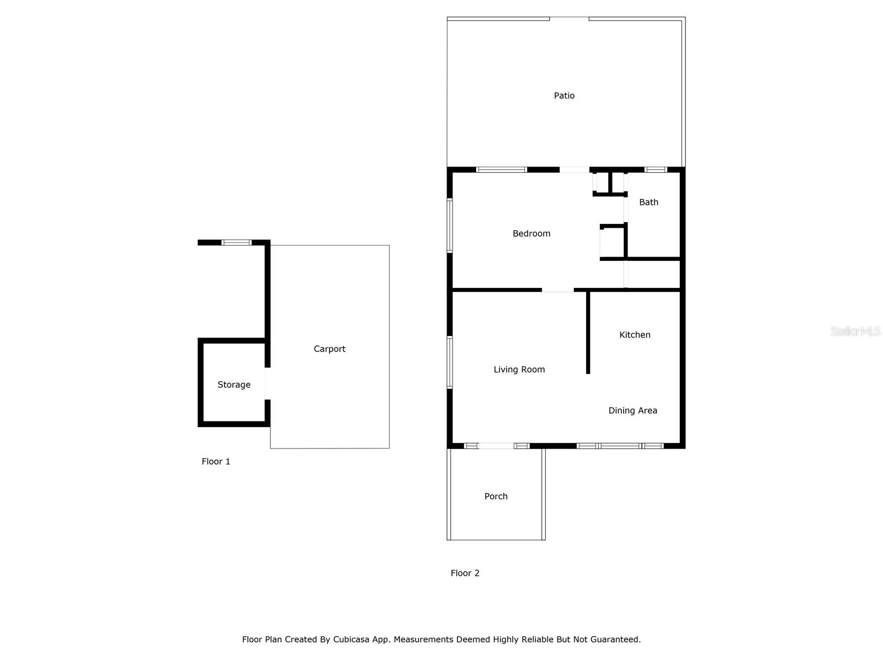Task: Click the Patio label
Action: point(564,96)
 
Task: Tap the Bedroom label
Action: point(531,234)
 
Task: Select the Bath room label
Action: point(648,202)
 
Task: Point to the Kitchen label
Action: point(635,335)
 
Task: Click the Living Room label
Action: point(519,370)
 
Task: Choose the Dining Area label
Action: point(632,410)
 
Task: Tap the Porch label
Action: point(496,496)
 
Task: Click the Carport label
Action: point(329,349)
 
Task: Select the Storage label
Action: point(234,385)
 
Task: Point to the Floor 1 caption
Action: point(216,462)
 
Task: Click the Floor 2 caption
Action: point(465,573)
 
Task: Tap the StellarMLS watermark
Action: point(855,332)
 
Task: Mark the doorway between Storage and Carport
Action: point(268,383)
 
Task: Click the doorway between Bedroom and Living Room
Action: point(557,290)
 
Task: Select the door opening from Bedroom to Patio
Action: point(574,170)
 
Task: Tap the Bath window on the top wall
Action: point(656,170)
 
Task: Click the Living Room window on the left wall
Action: point(450,362)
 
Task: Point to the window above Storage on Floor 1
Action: point(236,242)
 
